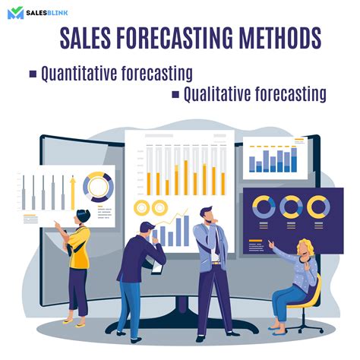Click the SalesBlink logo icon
tap(15, 13)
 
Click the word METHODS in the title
tap(280, 38)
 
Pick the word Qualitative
tap(217, 94)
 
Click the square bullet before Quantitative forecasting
tap(33, 74)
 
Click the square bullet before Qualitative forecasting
tap(175, 94)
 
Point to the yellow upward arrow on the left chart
tap(73, 192)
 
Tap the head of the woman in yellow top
tap(83, 216)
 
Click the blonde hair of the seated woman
tap(305, 246)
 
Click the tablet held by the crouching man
tap(157, 268)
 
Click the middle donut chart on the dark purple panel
tap(291, 207)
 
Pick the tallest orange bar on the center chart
tap(186, 178)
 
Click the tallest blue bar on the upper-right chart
tap(294, 160)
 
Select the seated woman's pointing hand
tap(271, 244)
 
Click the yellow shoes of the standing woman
tap(74, 323)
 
